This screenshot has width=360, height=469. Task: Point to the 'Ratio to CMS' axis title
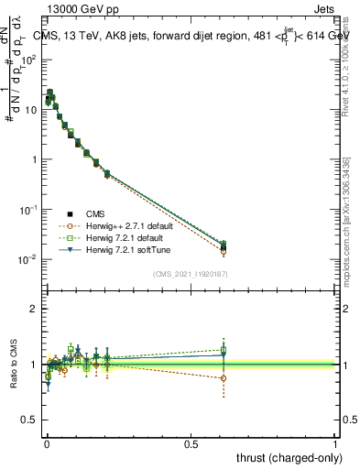point(14,365)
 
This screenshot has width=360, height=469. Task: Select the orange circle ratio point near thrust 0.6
point(224,377)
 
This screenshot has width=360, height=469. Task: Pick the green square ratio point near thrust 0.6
point(224,350)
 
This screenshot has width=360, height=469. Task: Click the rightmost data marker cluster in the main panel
point(224,246)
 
